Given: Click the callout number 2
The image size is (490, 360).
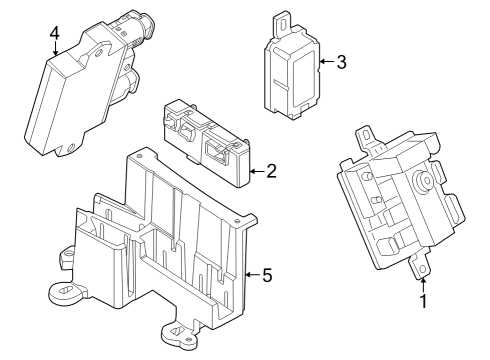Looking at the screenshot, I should [270, 170].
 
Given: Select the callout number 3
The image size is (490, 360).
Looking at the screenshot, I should [341, 62].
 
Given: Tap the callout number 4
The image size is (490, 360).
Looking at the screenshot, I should [55, 33].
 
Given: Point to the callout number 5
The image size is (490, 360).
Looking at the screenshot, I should [266, 274].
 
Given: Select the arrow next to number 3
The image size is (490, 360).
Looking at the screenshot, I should [324, 62].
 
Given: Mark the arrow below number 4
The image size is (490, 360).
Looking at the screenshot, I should [55, 50].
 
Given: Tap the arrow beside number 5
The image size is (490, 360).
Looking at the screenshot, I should [249, 274].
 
